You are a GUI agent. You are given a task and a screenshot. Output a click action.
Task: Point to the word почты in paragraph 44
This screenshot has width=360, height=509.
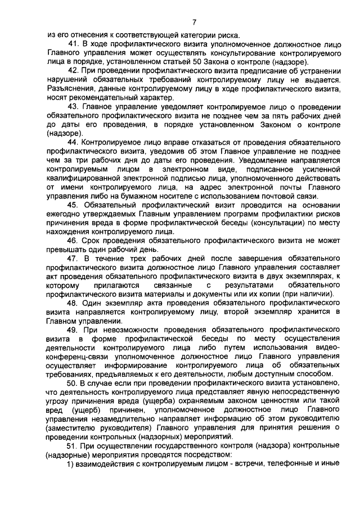tap(286, 186)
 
